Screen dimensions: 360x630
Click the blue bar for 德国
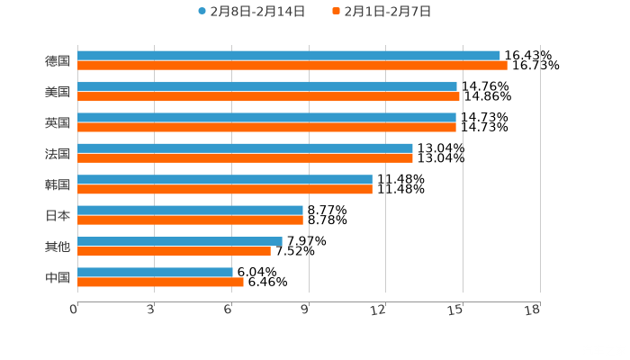[x=288, y=56]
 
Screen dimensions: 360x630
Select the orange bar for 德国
[x=292, y=66]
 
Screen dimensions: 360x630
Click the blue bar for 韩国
[x=225, y=180]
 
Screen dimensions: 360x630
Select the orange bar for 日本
[x=190, y=220]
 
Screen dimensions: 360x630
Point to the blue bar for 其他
[x=180, y=241]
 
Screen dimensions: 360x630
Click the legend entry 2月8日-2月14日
[x=251, y=12]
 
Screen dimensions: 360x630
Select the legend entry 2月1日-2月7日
[x=382, y=12]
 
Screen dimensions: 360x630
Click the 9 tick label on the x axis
[x=306, y=310]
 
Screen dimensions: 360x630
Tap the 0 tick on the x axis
[x=74, y=310]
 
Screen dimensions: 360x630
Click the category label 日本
[x=58, y=215]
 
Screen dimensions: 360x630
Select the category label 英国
[x=58, y=122]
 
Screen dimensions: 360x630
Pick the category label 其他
[x=58, y=247]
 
